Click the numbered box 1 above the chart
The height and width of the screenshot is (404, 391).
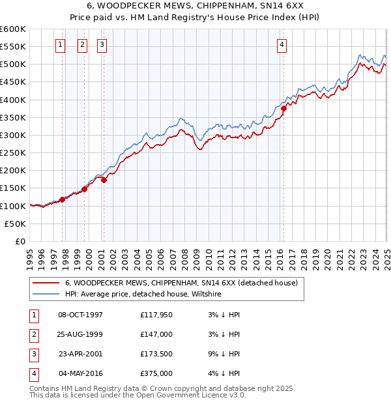tap(60, 45)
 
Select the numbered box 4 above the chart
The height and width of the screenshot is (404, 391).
tap(282, 45)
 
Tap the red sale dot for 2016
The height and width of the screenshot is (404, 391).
tap(283, 109)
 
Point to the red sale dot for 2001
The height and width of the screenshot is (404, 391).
tap(104, 180)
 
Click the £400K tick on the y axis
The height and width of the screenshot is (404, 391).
tap(13, 100)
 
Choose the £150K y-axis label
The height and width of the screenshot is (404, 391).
tap(13, 188)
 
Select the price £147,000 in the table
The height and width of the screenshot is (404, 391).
tap(156, 335)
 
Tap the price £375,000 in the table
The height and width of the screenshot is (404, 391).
tap(156, 374)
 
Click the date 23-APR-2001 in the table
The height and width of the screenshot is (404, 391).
tap(80, 354)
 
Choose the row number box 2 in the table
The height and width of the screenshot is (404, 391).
tap(32, 335)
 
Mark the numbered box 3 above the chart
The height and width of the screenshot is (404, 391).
tap(103, 45)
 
